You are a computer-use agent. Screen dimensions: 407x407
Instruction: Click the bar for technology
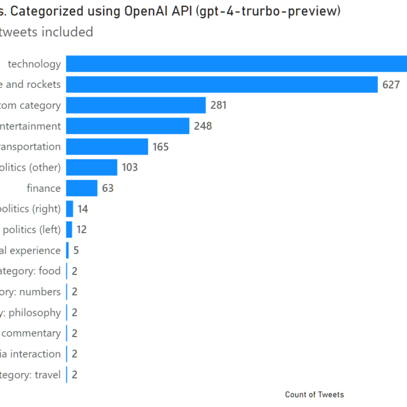pos(236,64)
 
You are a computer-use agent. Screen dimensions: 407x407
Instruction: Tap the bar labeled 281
pos(136,105)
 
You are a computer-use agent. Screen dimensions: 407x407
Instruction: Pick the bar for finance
pos(82,188)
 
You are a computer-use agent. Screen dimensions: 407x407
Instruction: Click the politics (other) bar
pos(92,167)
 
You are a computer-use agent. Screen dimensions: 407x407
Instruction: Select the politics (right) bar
pos(69,209)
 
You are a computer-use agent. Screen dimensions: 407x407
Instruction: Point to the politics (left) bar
pos(69,229)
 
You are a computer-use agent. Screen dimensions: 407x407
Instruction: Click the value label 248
pos(203,126)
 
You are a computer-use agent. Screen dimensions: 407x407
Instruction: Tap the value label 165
pos(161,147)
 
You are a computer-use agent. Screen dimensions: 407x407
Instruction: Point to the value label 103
pos(129,167)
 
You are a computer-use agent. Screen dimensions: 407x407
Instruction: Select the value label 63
pos(108,188)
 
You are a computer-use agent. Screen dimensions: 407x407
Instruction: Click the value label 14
pos(83,209)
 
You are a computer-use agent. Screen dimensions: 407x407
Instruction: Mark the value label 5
pos(76,250)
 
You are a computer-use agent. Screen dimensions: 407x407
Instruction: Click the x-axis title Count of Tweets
pos(314,394)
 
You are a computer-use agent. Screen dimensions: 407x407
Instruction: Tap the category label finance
pos(43,188)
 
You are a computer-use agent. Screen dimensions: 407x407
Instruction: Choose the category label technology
pos(34,64)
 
